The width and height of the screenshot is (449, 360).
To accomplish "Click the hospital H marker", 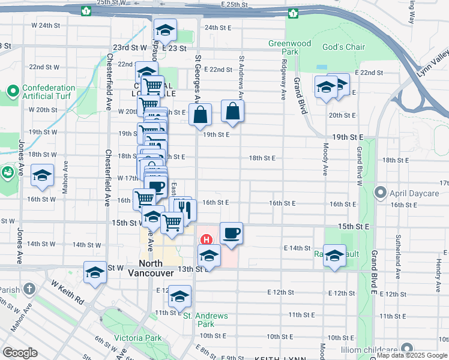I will pos(206,239).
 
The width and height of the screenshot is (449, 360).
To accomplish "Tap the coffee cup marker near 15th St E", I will pos(231,233).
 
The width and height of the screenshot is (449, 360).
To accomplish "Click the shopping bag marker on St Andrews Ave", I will pos(232,111).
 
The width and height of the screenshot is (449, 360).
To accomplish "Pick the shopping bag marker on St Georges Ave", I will pos(200,114).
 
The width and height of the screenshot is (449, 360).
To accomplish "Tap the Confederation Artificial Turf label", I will pos(46,92).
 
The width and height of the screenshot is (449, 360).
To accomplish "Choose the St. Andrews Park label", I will pos(205,320).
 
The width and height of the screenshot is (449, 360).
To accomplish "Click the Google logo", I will pos(20,353).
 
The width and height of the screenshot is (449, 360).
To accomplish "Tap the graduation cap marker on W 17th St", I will pos(43,175).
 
